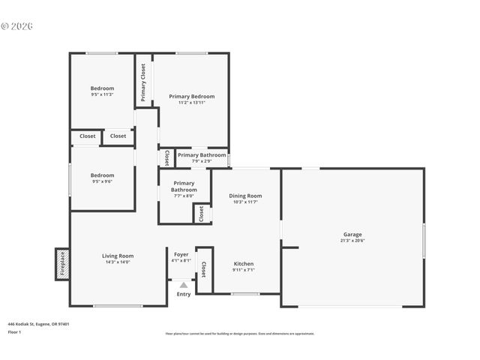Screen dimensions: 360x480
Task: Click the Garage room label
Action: [352, 235]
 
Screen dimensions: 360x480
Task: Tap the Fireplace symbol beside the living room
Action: [61, 264]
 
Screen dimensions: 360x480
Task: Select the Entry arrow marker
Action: [183, 285]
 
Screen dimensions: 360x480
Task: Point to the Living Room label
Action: [118, 256]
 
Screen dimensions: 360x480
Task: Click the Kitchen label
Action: [243, 264]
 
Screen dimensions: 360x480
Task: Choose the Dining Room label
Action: [245, 196]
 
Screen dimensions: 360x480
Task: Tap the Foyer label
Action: [181, 254]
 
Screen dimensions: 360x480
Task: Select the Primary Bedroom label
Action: [191, 96]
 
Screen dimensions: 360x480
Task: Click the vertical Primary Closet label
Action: [143, 82]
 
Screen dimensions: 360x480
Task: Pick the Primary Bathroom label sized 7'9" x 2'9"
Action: [202, 155]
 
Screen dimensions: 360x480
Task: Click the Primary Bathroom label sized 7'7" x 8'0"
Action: [184, 187]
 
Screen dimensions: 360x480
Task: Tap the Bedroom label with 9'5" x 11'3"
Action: [102, 88]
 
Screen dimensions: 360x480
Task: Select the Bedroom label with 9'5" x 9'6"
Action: [102, 175]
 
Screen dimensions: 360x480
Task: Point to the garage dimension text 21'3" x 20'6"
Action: [352, 241]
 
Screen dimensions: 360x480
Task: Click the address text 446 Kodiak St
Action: [38, 324]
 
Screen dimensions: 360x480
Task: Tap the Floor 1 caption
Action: [14, 331]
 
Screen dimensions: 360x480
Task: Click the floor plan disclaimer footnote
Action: [240, 334]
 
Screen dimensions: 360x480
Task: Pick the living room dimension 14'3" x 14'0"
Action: [118, 262]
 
